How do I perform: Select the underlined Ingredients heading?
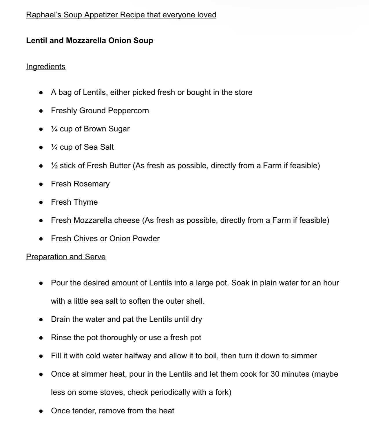(46, 67)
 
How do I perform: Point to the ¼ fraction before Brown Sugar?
(54, 129)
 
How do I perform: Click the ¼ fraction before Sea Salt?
(54, 147)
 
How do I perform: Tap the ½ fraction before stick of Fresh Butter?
(54, 166)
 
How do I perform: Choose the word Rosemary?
(92, 184)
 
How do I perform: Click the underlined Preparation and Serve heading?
(66, 257)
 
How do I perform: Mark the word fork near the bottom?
(222, 392)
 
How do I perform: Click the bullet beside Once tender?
(41, 411)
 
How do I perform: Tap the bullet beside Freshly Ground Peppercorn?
(41, 111)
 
